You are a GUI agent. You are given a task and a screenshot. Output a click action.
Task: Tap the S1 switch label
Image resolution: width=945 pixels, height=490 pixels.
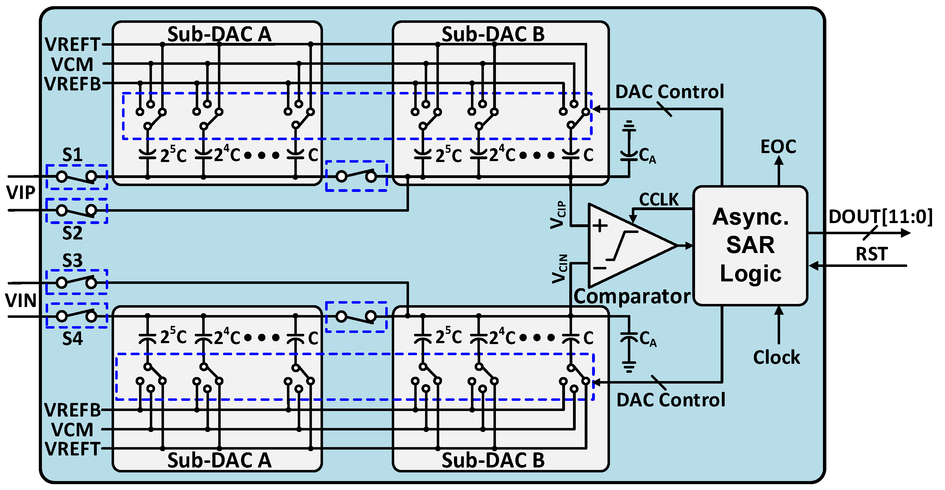(72, 155)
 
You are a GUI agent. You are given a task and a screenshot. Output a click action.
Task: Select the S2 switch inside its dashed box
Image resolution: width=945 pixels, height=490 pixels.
(76, 211)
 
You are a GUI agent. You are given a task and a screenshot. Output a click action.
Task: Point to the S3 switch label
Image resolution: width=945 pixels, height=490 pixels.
(72, 260)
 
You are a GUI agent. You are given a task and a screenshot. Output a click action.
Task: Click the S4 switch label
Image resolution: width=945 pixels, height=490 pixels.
(72, 338)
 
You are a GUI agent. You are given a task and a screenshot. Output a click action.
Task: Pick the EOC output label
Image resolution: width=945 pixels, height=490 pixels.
(778, 147)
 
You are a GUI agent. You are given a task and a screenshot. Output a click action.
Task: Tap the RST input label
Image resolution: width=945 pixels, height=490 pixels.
(871, 254)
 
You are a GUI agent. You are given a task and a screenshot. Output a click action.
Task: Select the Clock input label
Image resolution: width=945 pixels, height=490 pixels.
(776, 357)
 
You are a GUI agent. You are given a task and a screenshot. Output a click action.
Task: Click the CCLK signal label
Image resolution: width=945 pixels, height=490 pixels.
(658, 199)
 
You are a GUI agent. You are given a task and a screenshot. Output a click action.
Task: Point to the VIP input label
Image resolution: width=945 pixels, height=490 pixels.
(21, 193)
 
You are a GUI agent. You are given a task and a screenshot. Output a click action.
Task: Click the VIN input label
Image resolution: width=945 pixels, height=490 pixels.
(21, 301)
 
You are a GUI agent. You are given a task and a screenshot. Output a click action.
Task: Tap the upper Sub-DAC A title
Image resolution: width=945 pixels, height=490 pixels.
(219, 34)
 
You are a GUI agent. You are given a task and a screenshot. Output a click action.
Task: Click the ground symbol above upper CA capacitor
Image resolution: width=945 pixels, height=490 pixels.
(629, 126)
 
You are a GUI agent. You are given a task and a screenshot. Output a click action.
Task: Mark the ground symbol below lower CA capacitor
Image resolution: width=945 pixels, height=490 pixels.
(629, 367)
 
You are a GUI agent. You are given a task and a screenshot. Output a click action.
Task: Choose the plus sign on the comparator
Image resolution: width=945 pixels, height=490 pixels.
(600, 226)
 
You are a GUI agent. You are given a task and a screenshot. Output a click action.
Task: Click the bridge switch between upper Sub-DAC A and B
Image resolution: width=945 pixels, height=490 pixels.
(356, 176)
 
